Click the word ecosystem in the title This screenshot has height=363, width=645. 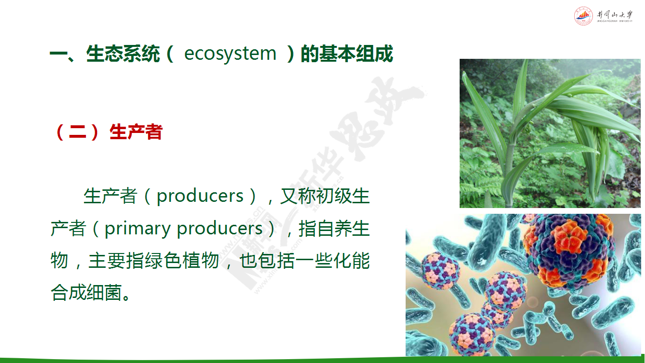click(230, 54)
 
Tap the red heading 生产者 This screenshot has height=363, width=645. click(136, 132)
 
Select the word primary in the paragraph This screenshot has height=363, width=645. click(137, 229)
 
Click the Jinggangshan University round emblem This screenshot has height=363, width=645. click(583, 16)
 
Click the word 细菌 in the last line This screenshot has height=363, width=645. click(105, 293)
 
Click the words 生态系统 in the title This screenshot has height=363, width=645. click(123, 54)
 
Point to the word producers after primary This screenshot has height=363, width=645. click(220, 229)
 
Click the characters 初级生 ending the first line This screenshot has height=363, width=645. click(343, 196)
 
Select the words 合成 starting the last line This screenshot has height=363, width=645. click(68, 293)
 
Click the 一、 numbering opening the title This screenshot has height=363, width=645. click(63, 54)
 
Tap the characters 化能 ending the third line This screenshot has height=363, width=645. click(352, 261)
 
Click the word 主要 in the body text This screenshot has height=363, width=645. click(107, 261)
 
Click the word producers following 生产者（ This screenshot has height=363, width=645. click(200, 197)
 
